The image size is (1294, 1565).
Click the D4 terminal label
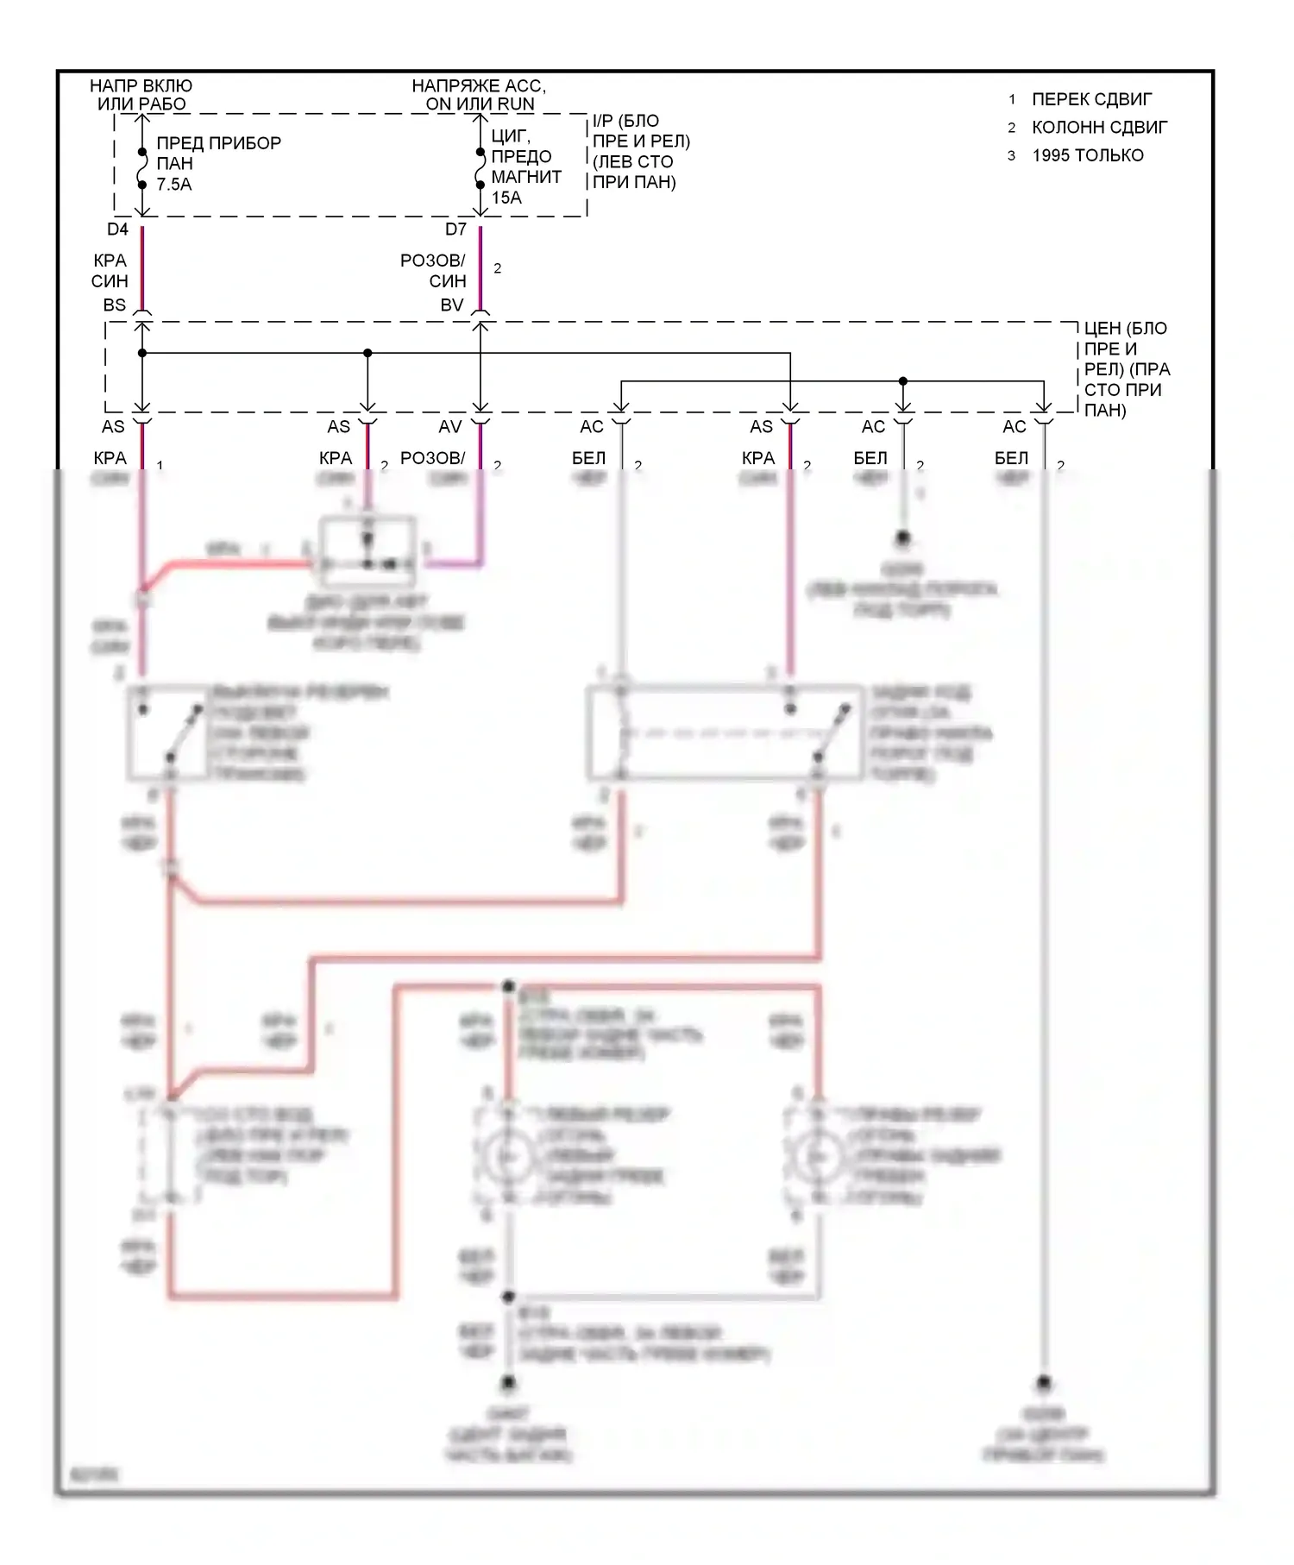pos(117,229)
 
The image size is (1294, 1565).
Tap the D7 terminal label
pos(455,229)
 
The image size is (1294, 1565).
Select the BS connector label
pos(114,305)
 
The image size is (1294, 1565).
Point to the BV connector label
pos(452,305)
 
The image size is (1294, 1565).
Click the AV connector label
pos(450,426)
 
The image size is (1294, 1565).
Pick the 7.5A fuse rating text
pos(174,184)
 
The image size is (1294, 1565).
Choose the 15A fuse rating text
pos(506,198)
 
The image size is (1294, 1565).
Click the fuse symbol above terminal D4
pos(142,167)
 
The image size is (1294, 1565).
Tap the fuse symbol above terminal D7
pos(481,167)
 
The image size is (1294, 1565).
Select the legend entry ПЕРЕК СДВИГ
pos(1091,99)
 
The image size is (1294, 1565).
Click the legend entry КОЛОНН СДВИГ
pos(1099,128)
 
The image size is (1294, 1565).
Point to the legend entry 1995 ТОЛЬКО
pos(1087,155)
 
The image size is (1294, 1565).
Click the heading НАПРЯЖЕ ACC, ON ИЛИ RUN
pos(479,95)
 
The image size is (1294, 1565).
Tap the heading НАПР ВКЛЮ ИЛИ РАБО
pos(141,95)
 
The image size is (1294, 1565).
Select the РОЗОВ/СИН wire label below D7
pos(433,270)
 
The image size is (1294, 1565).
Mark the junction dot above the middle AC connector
pos(903,380)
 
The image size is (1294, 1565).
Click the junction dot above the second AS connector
pos(367,353)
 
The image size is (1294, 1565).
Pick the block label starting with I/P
pos(640,151)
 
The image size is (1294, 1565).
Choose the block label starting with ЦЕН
pos(1127,368)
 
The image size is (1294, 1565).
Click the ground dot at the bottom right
pos(1044,1383)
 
